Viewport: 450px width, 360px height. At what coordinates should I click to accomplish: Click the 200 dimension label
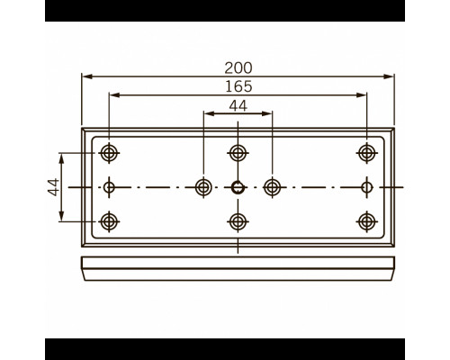(x=238, y=68)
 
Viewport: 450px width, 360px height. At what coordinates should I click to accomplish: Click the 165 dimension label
(x=238, y=86)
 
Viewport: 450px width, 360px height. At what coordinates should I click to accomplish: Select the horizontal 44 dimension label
(x=238, y=106)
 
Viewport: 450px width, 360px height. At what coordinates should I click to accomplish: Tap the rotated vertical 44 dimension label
(x=54, y=187)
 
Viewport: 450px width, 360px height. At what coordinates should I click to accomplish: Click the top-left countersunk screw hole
(x=109, y=153)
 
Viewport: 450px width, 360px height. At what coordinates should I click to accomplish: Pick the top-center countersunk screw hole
(x=238, y=153)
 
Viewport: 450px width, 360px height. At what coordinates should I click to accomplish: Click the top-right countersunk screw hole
(x=366, y=153)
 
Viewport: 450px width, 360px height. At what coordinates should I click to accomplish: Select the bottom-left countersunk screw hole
(x=109, y=221)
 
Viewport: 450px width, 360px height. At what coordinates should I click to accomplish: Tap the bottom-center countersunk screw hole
(x=238, y=221)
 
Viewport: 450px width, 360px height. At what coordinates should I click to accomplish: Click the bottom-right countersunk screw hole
(x=366, y=221)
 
